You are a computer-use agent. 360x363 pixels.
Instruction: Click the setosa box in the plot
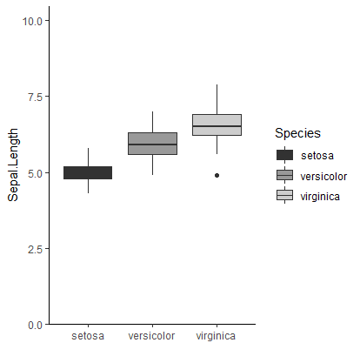88,172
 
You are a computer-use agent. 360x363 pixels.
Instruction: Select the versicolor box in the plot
152,144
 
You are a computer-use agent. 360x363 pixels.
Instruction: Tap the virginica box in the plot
217,124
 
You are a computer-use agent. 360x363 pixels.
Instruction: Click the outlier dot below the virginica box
217,175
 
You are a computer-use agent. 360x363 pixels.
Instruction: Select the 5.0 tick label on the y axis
36,172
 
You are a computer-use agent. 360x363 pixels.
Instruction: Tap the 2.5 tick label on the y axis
36,249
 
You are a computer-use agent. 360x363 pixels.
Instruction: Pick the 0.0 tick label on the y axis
36,325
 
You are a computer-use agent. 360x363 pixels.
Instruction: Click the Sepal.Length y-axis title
13,172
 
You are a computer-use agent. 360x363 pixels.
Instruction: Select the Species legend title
297,133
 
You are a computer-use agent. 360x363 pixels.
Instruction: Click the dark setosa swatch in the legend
285,156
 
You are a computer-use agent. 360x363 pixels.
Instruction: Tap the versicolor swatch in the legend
285,176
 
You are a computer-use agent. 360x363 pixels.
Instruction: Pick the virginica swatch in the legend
285,196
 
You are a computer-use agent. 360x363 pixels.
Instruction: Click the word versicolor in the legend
323,176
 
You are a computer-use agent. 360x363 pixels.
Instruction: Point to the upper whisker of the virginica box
217,98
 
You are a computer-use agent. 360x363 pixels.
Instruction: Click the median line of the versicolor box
152,145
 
